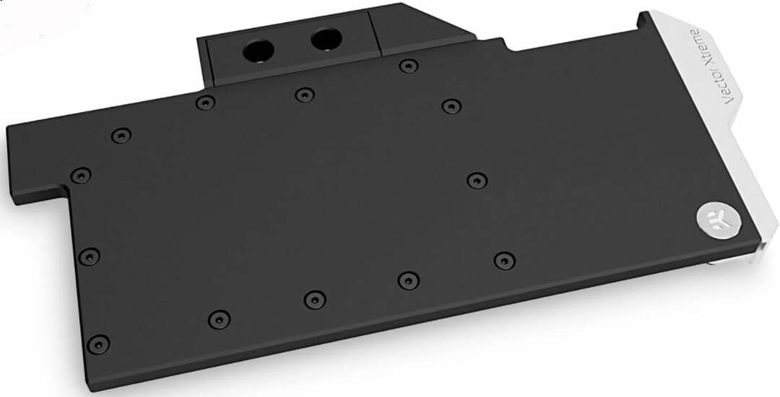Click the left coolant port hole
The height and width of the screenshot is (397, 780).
[x=258, y=51]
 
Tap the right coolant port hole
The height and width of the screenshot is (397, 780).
[x=326, y=39]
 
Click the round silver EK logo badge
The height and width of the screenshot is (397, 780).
[x=719, y=219]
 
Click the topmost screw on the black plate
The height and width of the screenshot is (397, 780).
[x=408, y=66]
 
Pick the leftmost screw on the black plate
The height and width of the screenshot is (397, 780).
[x=81, y=175]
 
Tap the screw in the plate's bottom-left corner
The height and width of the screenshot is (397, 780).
[x=98, y=344]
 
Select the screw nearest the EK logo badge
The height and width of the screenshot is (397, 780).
[x=504, y=261]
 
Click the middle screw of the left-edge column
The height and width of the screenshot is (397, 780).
[x=89, y=256]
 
